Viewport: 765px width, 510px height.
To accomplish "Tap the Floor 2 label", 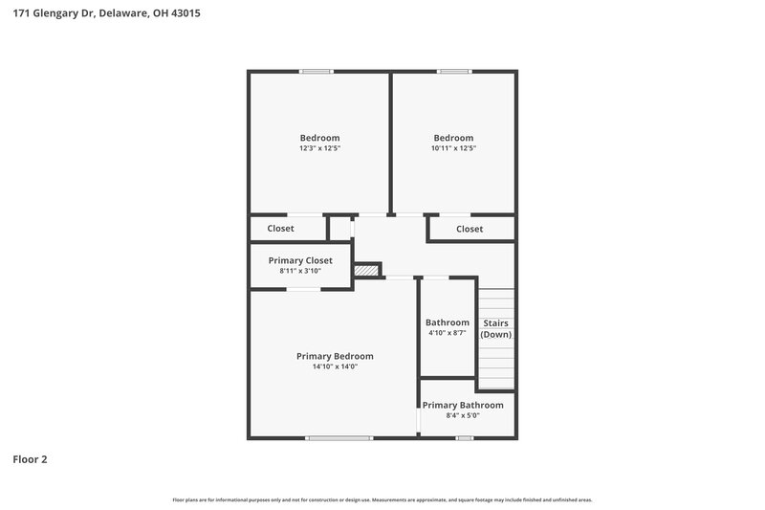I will [x=30, y=459].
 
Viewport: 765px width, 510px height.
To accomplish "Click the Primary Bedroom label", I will [x=335, y=356].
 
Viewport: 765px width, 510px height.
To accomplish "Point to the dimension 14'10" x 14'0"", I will [x=335, y=366].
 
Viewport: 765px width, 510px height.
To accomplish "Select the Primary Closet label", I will [x=300, y=260].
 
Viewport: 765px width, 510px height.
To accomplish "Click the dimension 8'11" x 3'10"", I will [x=300, y=271].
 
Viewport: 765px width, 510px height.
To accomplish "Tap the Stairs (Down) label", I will [x=495, y=328].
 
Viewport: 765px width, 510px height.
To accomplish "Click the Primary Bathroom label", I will [x=463, y=405].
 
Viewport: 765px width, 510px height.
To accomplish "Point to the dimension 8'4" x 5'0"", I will [x=463, y=415].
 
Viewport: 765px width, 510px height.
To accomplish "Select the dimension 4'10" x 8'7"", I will [x=448, y=333].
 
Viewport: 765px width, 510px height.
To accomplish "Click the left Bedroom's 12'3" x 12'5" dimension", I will [x=319, y=148].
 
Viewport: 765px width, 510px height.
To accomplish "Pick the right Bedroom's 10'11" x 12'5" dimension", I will [x=453, y=148].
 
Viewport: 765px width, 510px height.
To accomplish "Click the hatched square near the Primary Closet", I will [x=366, y=271].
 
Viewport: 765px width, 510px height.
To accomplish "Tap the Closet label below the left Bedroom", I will [x=281, y=229].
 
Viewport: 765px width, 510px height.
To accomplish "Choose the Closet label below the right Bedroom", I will [x=470, y=229].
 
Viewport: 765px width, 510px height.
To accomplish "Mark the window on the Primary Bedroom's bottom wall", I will [x=339, y=438].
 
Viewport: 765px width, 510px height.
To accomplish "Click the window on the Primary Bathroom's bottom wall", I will [x=465, y=438].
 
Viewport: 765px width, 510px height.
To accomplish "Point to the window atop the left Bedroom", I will [x=316, y=71].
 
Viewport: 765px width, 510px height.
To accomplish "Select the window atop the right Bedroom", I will [x=454, y=71].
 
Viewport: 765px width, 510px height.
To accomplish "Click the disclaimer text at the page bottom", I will [x=382, y=499].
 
